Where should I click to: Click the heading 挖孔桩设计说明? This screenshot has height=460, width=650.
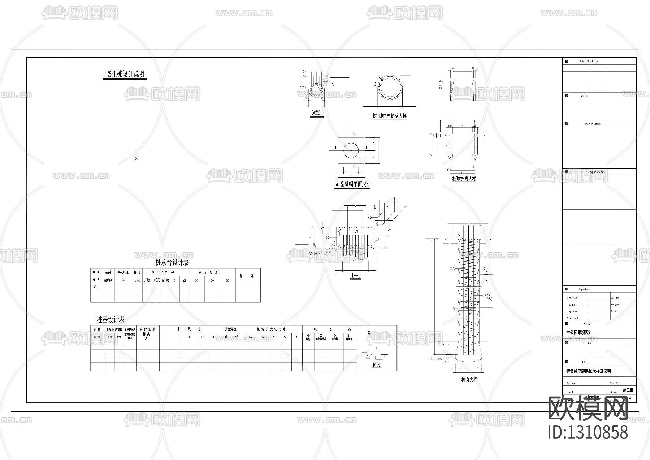(125, 74)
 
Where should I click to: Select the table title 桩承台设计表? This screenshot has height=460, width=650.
(172, 262)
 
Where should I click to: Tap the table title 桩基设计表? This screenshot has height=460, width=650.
(111, 320)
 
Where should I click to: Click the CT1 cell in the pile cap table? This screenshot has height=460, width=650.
(96, 286)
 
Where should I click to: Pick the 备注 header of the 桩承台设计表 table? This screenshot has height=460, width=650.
(247, 276)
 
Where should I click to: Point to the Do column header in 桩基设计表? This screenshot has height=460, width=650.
(250, 337)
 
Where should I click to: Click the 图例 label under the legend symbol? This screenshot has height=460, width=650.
(376, 365)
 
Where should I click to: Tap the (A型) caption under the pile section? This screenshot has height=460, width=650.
(316, 112)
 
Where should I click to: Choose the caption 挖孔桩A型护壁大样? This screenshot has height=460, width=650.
(390, 116)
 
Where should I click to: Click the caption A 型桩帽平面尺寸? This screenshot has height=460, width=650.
(353, 184)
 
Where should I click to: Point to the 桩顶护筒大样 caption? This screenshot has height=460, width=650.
(464, 179)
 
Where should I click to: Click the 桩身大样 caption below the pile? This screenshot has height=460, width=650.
(469, 380)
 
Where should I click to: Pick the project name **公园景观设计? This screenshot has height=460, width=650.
(579, 332)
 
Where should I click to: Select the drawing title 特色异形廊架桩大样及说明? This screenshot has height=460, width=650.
(588, 371)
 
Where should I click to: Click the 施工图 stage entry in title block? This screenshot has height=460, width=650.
(628, 391)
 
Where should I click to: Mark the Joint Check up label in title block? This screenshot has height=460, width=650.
(588, 61)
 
